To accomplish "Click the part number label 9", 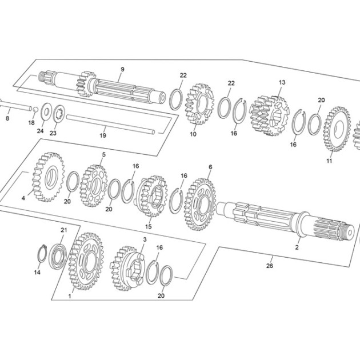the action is [122, 69].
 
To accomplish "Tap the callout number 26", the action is [270, 266].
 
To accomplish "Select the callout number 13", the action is [282, 82].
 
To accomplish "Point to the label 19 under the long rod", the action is [103, 135].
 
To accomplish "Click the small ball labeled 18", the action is [35, 110].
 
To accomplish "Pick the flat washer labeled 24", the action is [46, 111].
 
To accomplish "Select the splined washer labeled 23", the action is [59, 113].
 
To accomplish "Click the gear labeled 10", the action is [199, 104].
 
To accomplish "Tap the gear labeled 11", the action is [337, 129].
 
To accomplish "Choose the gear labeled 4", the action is [48, 177].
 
